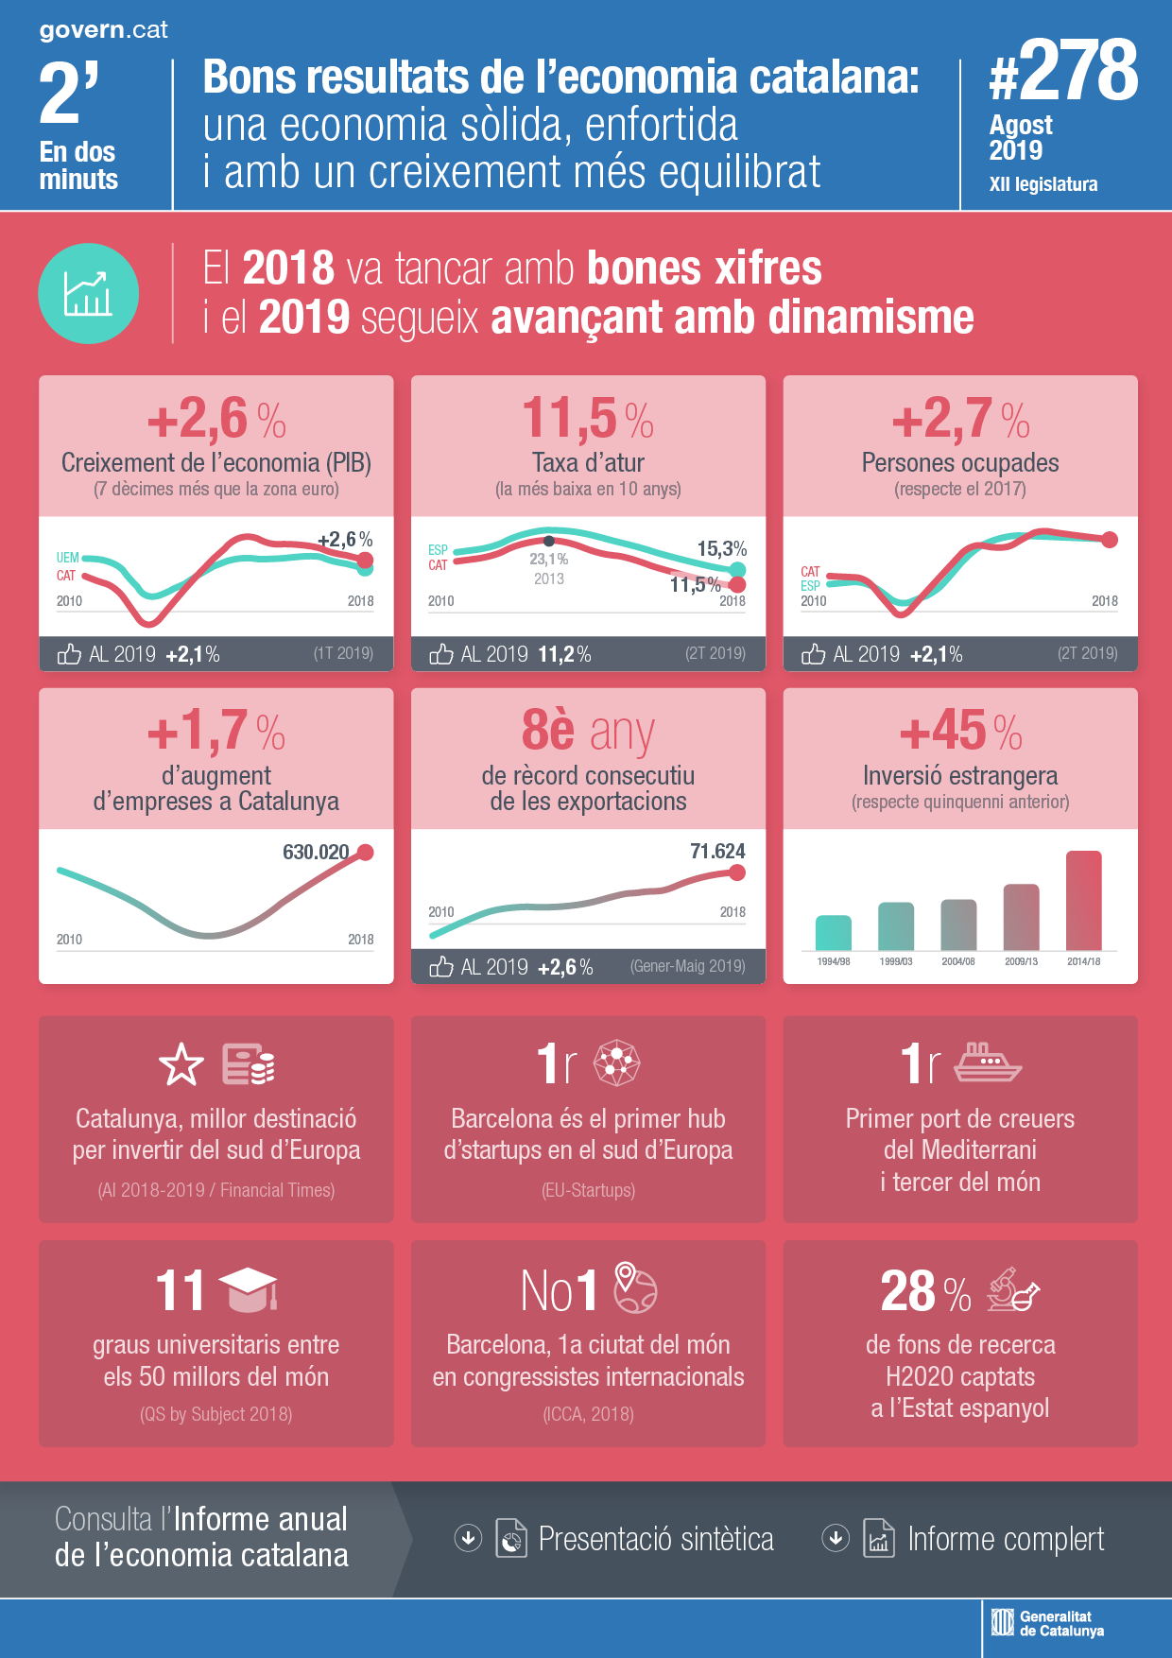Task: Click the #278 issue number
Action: (x=1063, y=71)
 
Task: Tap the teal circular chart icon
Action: (x=88, y=293)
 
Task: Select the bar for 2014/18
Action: (x=1083, y=900)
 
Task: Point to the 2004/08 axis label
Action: (x=957, y=961)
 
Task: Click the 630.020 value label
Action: (x=316, y=852)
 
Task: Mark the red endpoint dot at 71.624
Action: (x=737, y=872)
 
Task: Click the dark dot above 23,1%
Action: (x=548, y=542)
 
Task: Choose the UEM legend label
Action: (x=67, y=558)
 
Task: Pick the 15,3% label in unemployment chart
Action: (x=721, y=548)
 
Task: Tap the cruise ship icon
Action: (x=987, y=1062)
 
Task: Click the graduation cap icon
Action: (x=248, y=1289)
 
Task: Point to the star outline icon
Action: (x=181, y=1065)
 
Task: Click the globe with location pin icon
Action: (x=635, y=1287)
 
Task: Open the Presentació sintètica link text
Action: (x=655, y=1539)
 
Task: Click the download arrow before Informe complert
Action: (x=835, y=1538)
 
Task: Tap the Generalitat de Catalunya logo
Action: (x=1047, y=1623)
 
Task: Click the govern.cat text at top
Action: (x=103, y=29)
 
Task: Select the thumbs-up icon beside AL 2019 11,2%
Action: (x=441, y=653)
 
